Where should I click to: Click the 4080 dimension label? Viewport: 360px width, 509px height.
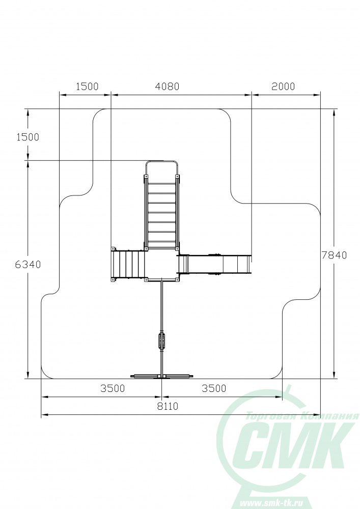[167, 87]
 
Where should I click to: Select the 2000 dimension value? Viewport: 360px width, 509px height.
[283, 87]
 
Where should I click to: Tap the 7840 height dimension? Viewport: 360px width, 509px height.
[335, 255]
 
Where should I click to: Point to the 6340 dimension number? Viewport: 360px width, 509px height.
[28, 265]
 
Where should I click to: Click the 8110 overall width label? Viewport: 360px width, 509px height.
[168, 406]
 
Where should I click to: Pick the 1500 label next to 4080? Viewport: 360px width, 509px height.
[87, 87]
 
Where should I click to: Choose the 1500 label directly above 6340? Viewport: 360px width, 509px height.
[28, 137]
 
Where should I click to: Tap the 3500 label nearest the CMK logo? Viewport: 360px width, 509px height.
[214, 388]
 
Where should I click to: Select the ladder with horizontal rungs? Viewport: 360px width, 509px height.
[161, 213]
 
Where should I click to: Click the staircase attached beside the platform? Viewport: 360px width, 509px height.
[128, 264]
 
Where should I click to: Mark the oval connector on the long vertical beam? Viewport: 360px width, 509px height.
[161, 341]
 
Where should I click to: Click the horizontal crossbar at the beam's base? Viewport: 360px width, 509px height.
[162, 376]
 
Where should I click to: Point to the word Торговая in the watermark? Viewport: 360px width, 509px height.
[273, 416]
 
